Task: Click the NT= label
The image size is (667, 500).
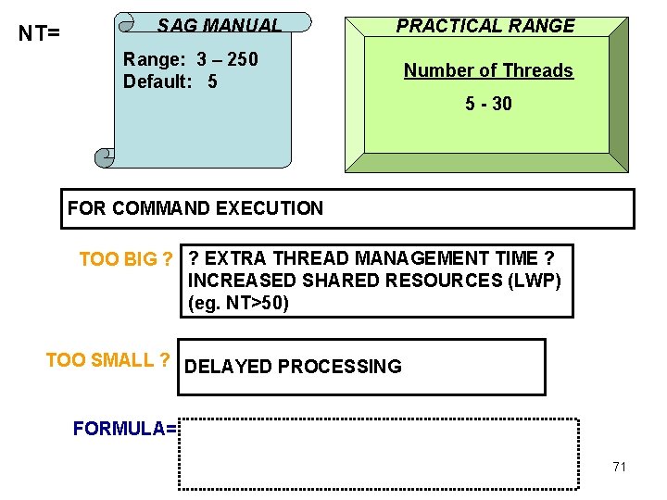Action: [x=40, y=34]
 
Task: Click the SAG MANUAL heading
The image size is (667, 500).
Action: [x=219, y=25]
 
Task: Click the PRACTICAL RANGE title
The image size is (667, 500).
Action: [x=485, y=26]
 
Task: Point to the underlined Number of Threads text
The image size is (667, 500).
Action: [x=488, y=70]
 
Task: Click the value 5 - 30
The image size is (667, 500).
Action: [x=488, y=104]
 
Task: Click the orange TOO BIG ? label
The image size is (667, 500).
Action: [x=126, y=259]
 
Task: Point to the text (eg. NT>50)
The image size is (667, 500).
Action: [x=238, y=303]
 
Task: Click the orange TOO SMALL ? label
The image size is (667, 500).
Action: [x=107, y=360]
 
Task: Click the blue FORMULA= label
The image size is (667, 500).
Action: [x=124, y=429]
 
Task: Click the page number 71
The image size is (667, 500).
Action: [x=619, y=467]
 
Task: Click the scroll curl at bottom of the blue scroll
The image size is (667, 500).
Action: [x=105, y=157]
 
